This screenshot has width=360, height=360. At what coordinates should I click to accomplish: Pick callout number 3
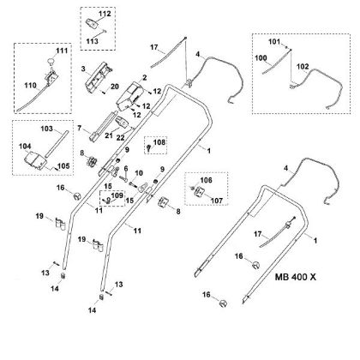point(82,67)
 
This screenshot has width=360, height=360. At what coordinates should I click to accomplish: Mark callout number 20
point(116,87)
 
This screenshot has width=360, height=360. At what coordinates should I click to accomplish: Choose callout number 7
point(79,129)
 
